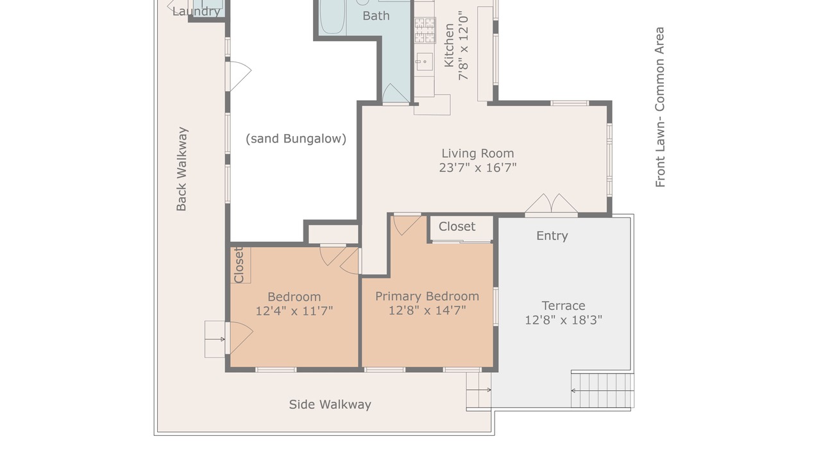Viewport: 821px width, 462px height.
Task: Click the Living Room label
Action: click(x=478, y=153)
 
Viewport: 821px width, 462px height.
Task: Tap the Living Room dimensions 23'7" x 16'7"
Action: click(x=478, y=168)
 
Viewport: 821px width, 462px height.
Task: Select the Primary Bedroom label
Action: click(x=427, y=296)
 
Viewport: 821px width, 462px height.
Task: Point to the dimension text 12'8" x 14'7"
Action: click(x=427, y=311)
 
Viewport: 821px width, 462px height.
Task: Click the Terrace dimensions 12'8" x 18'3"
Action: click(x=563, y=320)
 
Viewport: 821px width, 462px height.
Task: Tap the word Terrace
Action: click(x=563, y=305)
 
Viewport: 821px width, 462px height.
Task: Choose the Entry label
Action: click(x=552, y=235)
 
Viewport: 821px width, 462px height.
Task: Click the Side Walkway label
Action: click(x=330, y=404)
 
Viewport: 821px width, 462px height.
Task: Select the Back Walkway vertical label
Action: click(x=182, y=169)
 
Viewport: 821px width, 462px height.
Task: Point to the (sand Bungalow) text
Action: click(x=296, y=139)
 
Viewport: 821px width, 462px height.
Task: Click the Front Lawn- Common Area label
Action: click(x=660, y=107)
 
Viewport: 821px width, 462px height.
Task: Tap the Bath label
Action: click(x=376, y=16)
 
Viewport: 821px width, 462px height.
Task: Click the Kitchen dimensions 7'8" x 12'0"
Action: click(x=463, y=46)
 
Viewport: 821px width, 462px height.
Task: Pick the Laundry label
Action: click(x=196, y=12)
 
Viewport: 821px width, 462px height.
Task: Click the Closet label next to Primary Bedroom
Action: click(x=457, y=227)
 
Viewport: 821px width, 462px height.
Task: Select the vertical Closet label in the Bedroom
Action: click(x=239, y=265)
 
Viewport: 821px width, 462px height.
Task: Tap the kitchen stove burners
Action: click(x=425, y=30)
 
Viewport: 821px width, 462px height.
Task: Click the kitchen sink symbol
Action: click(x=425, y=62)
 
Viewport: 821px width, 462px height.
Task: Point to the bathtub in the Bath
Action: click(x=332, y=17)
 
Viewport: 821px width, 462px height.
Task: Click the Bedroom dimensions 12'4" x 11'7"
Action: click(x=294, y=311)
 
